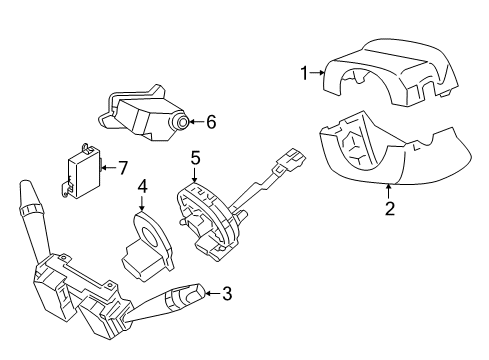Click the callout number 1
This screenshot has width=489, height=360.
coord(304,73)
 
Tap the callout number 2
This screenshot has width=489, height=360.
coord(389,208)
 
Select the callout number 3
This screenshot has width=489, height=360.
coord(227,294)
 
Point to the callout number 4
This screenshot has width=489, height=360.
coord(142,187)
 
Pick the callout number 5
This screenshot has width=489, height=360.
coord(195,158)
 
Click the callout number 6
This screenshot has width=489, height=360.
coord(211,122)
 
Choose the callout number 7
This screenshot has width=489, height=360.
coord(123,168)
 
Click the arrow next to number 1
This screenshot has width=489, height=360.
coord(318,72)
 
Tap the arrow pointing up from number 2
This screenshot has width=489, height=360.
coord(389,192)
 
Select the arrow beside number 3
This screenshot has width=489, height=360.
coord(212,293)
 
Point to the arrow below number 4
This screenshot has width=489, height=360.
coord(142,203)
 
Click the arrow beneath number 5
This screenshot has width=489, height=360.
coord(195,174)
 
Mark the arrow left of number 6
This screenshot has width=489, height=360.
coord(197,122)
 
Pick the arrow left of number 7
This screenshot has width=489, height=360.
coord(109,167)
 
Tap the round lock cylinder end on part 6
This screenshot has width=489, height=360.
coord(182,123)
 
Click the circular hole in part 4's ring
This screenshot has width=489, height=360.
coord(149,236)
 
